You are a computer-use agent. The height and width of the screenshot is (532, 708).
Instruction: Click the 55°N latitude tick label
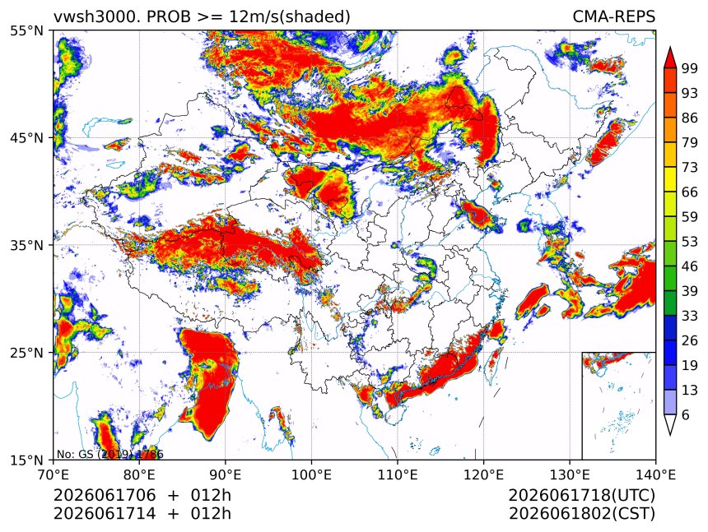coord(26,31)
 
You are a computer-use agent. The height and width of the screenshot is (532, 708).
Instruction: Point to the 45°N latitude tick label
coord(26,137)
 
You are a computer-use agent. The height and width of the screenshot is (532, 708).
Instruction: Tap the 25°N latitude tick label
coord(26,352)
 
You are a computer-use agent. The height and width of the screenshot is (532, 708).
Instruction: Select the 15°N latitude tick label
coord(26,460)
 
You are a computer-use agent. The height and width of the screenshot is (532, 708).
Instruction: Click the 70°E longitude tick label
coord(54,474)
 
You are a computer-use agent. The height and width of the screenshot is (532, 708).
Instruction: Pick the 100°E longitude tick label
coord(311,474)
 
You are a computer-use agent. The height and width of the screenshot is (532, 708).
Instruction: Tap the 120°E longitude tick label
coord(483,474)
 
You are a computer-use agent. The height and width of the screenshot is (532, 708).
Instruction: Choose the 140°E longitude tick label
coord(655,474)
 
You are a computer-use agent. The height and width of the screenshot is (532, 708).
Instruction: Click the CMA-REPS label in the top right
coord(614,16)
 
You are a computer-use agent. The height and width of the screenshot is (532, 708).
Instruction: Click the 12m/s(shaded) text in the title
coord(290,17)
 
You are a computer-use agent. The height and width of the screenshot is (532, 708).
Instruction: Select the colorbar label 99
coord(690,68)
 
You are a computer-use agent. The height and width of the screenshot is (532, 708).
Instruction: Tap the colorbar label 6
coord(686,414)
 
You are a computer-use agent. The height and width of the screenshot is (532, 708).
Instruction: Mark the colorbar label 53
coord(690,242)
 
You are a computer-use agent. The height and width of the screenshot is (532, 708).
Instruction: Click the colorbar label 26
coord(690,340)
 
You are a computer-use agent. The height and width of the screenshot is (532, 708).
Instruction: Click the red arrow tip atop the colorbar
coord(670,48)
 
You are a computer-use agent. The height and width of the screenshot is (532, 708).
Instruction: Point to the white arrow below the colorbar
coord(670,424)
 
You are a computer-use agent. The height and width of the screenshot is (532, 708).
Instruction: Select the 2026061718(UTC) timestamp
coord(581,495)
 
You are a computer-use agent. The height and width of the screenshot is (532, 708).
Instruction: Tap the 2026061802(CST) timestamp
coord(581,514)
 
